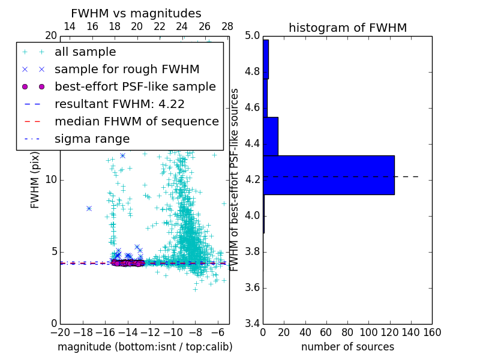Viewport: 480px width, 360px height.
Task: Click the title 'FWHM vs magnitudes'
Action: tap(136, 14)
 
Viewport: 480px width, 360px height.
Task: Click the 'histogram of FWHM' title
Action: tap(347, 28)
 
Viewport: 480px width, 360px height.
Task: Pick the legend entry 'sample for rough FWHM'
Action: tap(127, 69)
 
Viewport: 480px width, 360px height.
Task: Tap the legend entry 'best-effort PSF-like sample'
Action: tap(135, 86)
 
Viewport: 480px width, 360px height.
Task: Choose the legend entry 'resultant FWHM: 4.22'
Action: tap(119, 104)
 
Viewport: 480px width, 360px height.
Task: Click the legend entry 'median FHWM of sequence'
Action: tap(136, 121)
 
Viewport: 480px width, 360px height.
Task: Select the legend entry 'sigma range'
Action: tap(92, 139)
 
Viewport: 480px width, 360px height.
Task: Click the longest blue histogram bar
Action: tap(328, 175)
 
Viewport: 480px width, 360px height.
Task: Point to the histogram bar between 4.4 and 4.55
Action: tap(271, 136)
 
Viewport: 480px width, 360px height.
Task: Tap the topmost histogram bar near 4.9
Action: tap(266, 59)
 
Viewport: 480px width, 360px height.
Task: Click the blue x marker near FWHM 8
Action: tap(89, 208)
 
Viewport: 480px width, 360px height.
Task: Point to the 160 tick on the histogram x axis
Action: tap(432, 332)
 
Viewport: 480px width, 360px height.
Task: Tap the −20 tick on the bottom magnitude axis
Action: tap(60, 332)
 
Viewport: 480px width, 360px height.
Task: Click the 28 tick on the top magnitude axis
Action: tap(227, 26)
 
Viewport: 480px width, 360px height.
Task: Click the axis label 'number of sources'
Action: tap(347, 347)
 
